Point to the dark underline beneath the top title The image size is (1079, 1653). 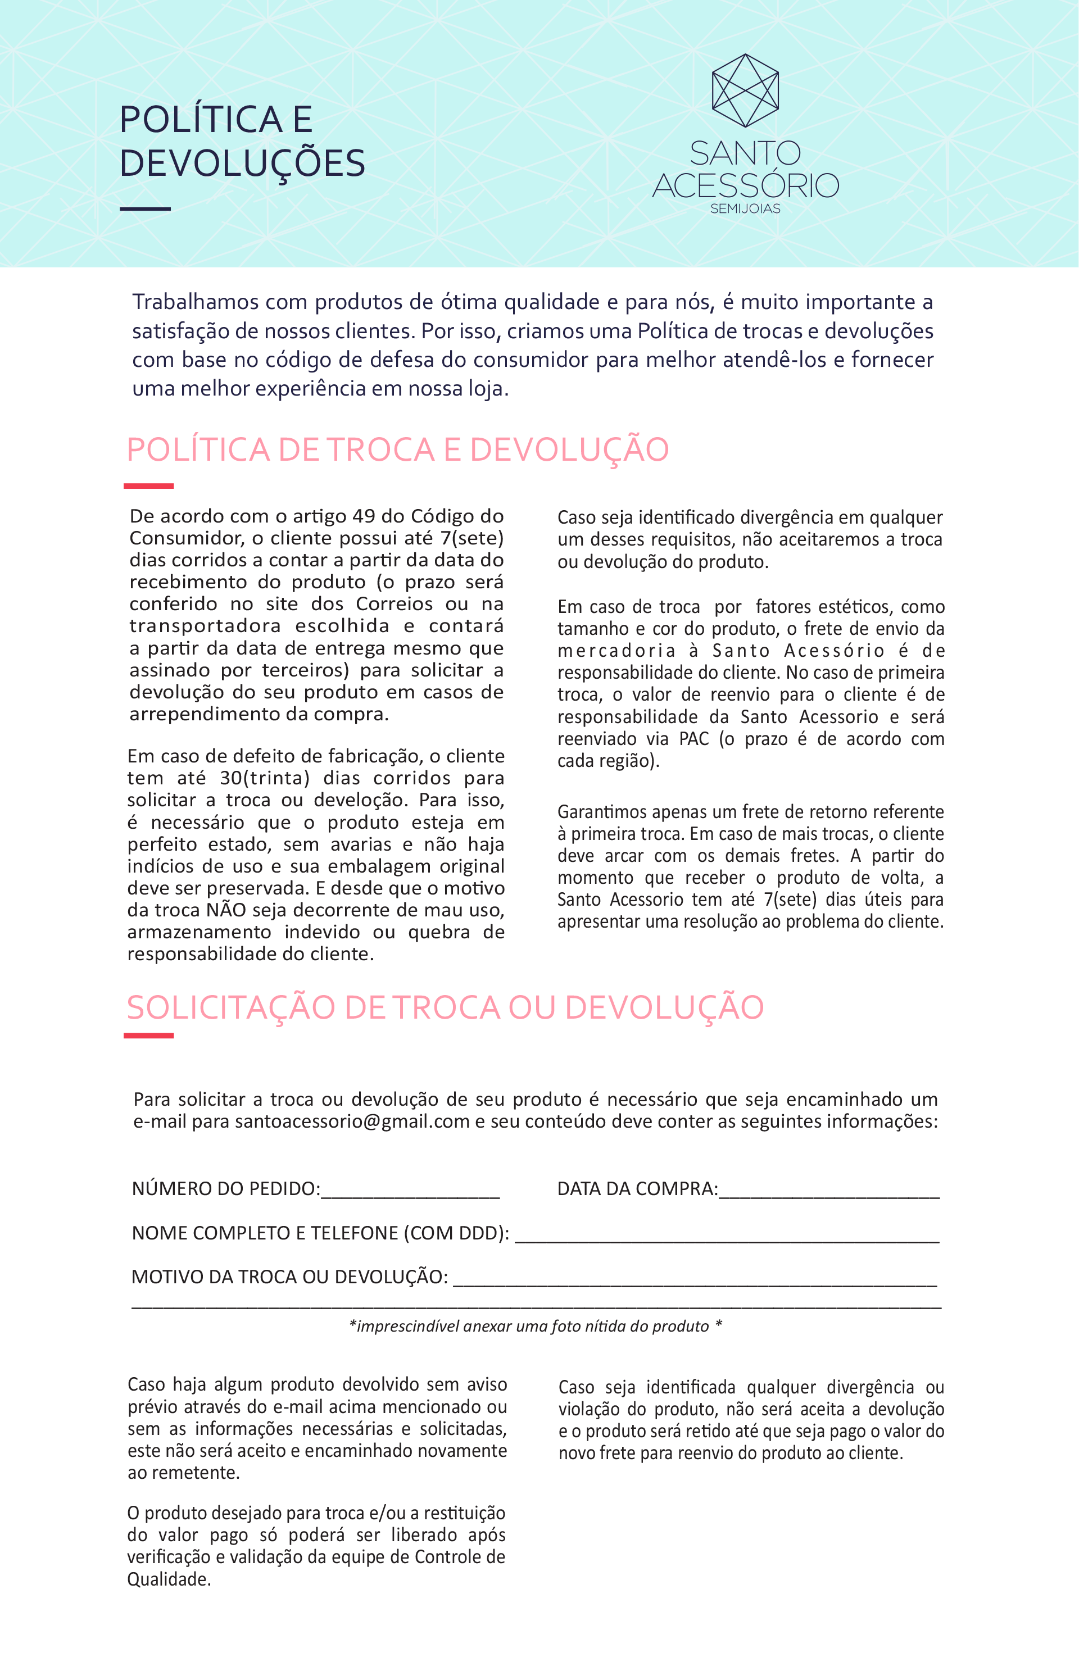click(x=145, y=208)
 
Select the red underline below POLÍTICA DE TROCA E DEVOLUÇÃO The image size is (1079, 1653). click(x=149, y=485)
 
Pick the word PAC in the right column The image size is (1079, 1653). click(x=694, y=738)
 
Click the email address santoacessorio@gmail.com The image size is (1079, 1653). click(x=352, y=1121)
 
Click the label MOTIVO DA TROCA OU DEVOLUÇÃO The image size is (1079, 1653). click(x=289, y=1277)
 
